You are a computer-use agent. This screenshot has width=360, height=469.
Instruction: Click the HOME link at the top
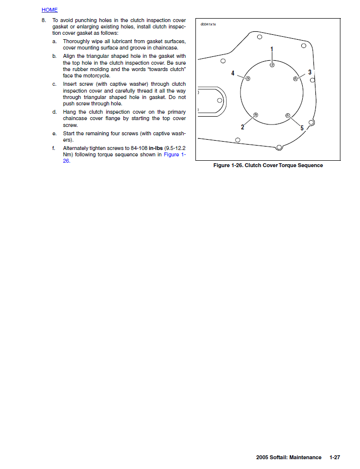(49, 10)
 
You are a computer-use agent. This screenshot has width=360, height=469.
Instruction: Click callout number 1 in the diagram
(272, 49)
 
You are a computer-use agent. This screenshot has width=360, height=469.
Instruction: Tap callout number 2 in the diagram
(242, 127)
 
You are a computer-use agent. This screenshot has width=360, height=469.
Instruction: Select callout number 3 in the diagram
(310, 72)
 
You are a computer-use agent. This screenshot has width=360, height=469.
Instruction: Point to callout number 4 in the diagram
(233, 73)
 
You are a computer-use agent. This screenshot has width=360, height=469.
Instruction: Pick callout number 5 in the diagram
(302, 128)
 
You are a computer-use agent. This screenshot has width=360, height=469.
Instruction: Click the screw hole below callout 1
(272, 65)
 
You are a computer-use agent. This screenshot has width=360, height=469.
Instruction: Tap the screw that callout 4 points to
(248, 79)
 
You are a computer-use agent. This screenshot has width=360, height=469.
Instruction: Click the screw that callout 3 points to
(296, 78)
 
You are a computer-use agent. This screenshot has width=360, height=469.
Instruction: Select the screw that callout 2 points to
(256, 115)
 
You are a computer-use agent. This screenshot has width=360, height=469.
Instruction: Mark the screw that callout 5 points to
(288, 116)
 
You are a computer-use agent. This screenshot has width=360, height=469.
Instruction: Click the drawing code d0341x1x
(208, 24)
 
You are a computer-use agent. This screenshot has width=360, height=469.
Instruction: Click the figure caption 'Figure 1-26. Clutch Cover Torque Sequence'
(268, 166)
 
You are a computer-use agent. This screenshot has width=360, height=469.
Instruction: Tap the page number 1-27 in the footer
(335, 457)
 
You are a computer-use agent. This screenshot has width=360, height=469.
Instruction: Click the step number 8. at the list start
(44, 20)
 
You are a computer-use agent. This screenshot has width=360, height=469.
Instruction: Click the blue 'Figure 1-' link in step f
(174, 154)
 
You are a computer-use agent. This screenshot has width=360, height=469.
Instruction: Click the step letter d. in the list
(54, 112)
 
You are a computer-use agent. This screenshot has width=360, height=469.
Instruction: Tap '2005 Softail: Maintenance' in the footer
(288, 457)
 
